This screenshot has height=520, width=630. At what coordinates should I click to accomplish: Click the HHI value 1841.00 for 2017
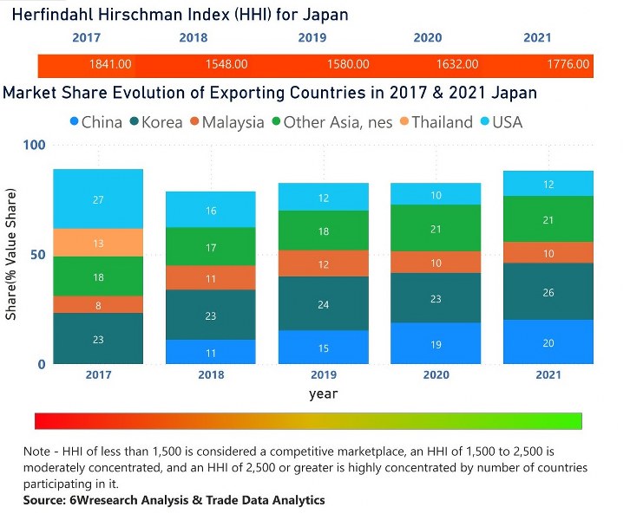[x=110, y=64]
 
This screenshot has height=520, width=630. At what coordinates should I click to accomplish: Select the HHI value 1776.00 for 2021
[x=568, y=64]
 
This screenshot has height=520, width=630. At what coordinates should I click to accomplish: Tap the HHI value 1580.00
[x=347, y=64]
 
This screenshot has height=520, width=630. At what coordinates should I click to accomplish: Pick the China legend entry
[x=95, y=122]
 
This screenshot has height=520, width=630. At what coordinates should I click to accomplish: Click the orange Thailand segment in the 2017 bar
[x=98, y=243]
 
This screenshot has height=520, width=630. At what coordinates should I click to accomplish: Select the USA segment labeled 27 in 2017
[x=98, y=199]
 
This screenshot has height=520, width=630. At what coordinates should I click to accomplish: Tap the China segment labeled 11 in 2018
[x=212, y=352]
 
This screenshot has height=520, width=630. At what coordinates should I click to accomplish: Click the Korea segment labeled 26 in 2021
[x=549, y=292]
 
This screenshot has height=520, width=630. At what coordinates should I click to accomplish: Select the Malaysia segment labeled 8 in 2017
[x=98, y=304]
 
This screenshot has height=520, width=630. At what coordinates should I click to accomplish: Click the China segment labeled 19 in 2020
[x=436, y=343]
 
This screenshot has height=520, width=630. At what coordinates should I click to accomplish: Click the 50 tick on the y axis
[x=37, y=255]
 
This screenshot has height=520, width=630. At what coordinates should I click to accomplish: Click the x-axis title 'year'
[x=323, y=394]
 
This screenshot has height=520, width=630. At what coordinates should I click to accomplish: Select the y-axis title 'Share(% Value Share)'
[x=12, y=258]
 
